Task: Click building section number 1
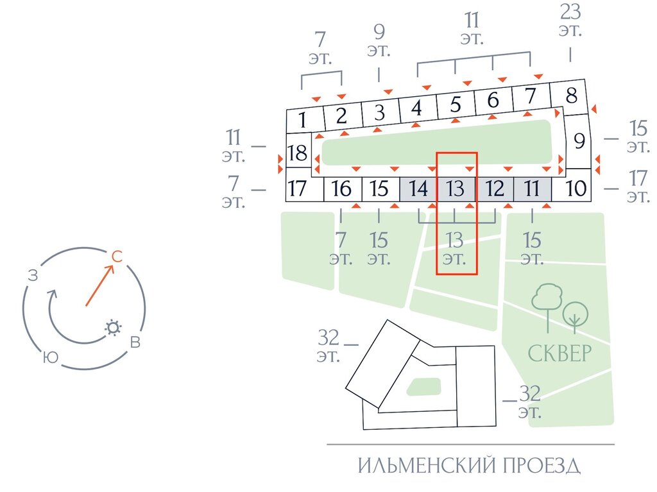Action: click(x=303, y=119)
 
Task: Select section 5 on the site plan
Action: click(x=456, y=103)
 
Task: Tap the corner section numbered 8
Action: click(x=571, y=96)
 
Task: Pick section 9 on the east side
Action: click(x=579, y=140)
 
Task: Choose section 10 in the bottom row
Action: click(x=577, y=189)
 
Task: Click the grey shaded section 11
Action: click(x=532, y=189)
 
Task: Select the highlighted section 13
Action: click(x=456, y=189)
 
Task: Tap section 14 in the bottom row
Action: click(x=418, y=189)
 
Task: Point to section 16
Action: click(x=342, y=189)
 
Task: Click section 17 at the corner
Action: click(x=298, y=189)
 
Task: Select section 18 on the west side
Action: click(x=298, y=154)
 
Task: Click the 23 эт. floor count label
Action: click(x=570, y=21)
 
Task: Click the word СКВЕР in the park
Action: click(x=559, y=353)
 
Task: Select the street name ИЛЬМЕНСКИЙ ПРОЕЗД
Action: click(x=470, y=466)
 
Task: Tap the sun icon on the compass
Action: click(x=114, y=328)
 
